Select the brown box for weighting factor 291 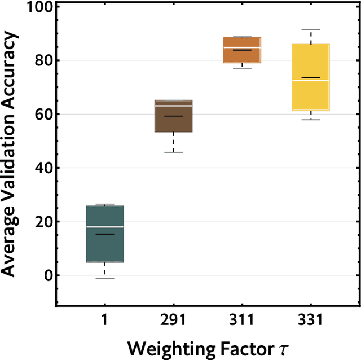(173, 116)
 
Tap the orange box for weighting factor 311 (242, 50)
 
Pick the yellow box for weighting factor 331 (310, 77)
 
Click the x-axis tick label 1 (104, 320)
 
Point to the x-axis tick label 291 (173, 320)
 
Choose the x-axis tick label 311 (242, 320)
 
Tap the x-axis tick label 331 (310, 320)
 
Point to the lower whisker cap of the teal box (104, 278)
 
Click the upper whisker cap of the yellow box (310, 29)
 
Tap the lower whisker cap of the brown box (173, 152)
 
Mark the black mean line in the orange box (242, 50)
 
